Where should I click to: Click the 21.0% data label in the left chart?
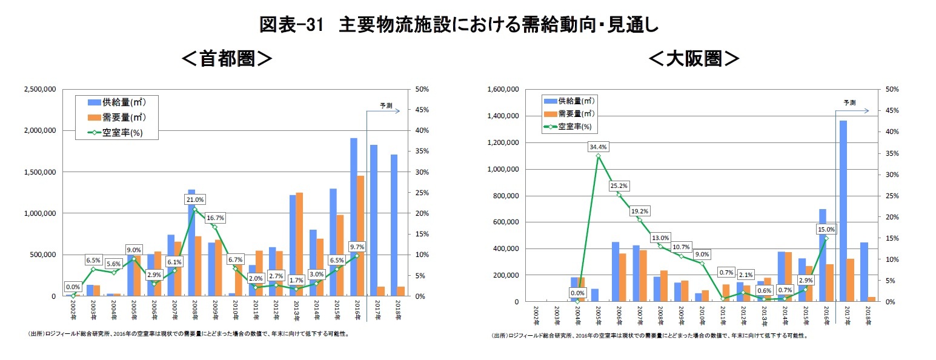[x=194, y=199]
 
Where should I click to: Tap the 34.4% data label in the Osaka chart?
[x=597, y=147]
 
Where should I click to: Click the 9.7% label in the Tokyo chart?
[x=357, y=246]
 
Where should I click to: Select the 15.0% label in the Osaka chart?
[x=825, y=229]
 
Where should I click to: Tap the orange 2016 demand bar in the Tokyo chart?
[x=360, y=236]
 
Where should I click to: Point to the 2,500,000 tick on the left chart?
[x=40, y=89]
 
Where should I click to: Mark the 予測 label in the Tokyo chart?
[x=385, y=105]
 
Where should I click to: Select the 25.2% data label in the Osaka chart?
[x=619, y=185]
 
